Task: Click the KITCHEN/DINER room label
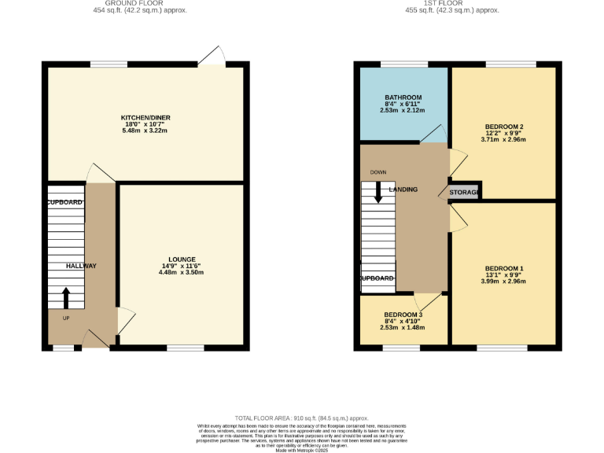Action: (145, 117)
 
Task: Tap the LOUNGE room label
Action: (182, 259)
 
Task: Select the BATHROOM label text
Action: (403, 98)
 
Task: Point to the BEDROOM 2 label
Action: (504, 127)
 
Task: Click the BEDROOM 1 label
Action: (503, 267)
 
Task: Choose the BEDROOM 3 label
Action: (403, 315)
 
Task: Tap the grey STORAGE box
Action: (465, 192)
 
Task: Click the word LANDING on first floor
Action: (403, 190)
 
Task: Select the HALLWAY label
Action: (81, 266)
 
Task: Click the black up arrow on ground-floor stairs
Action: (65, 297)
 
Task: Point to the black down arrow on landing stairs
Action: (378, 193)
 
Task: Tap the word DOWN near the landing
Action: (378, 171)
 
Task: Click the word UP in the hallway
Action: (65, 319)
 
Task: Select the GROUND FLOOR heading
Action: (145, 3)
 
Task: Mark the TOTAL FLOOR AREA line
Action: (302, 418)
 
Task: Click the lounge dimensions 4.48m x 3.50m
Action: (182, 272)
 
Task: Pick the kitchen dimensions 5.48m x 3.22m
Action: (145, 131)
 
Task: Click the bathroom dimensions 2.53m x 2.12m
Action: (403, 111)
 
